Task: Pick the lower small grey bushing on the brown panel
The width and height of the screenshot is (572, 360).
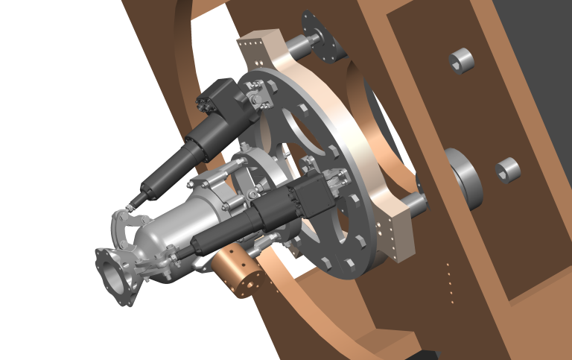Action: [x=508, y=171]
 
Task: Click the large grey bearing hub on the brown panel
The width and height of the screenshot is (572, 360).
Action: [x=463, y=177]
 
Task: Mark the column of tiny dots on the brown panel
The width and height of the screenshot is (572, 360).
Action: [x=448, y=282]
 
